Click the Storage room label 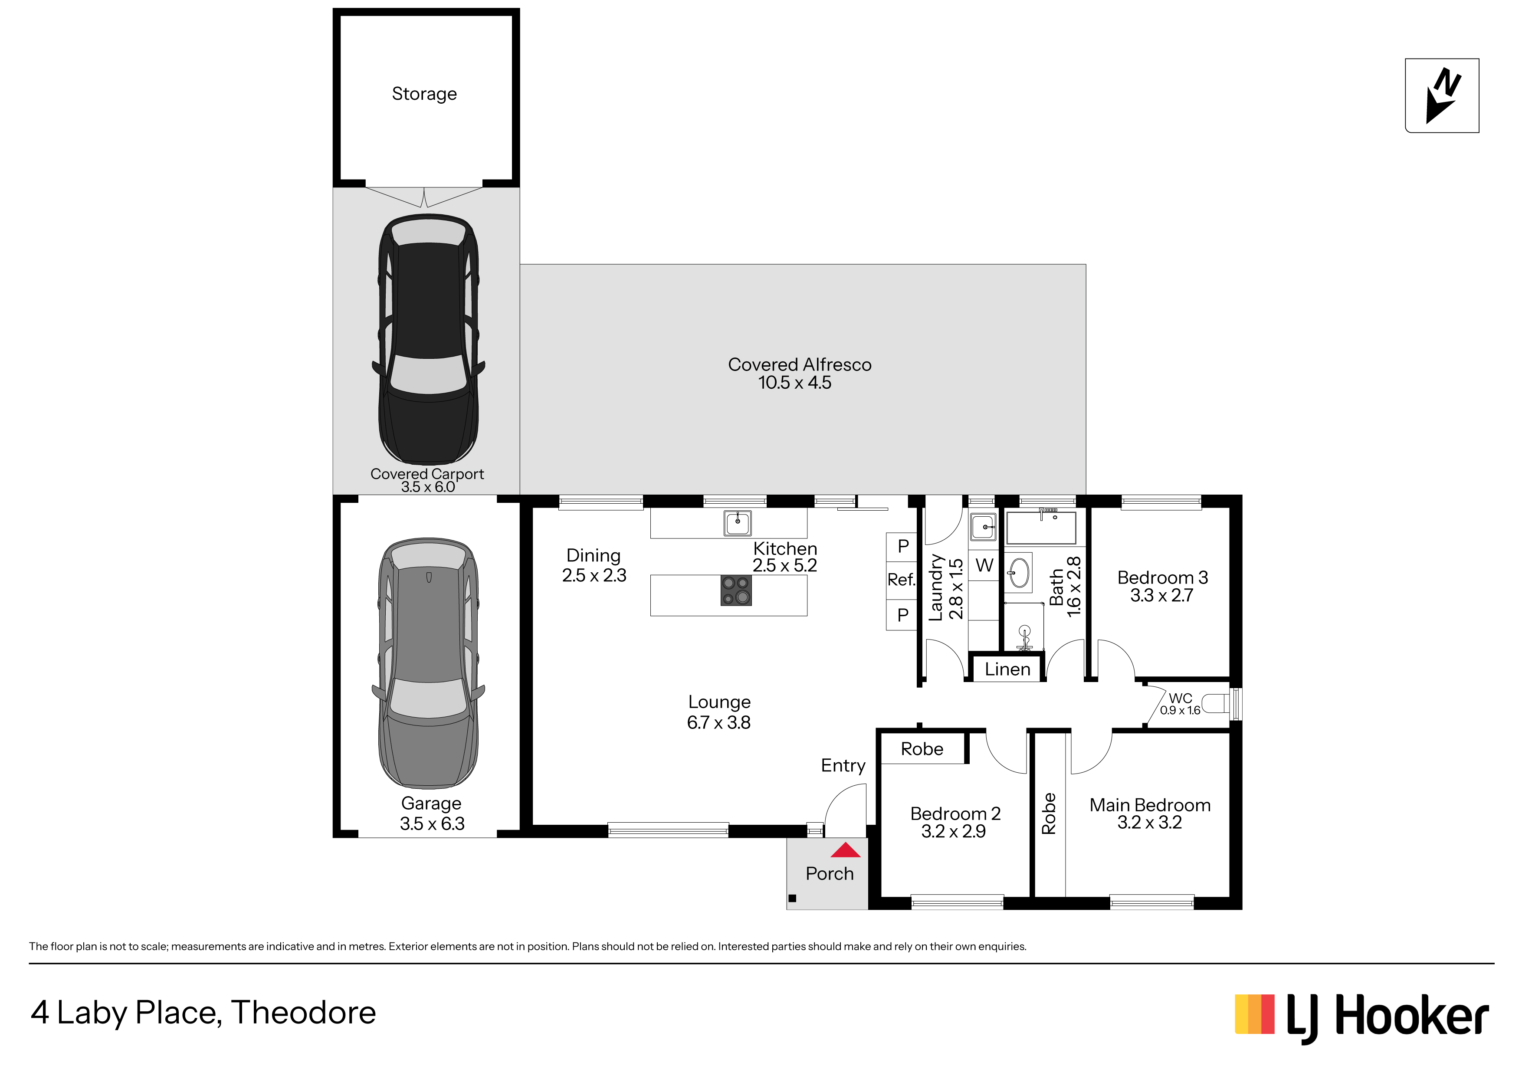pyautogui.click(x=424, y=94)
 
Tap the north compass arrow pyautogui.click(x=1443, y=96)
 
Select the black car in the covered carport pyautogui.click(x=428, y=339)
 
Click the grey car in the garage pyautogui.click(x=428, y=663)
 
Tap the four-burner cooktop pyautogui.click(x=736, y=590)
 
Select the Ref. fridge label pyautogui.click(x=901, y=580)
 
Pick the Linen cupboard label pyautogui.click(x=1007, y=669)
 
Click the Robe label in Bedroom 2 pyautogui.click(x=922, y=749)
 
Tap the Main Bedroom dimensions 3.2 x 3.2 pyautogui.click(x=1149, y=823)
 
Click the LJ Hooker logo pyautogui.click(x=1361, y=1018)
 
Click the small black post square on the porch pyautogui.click(x=792, y=898)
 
